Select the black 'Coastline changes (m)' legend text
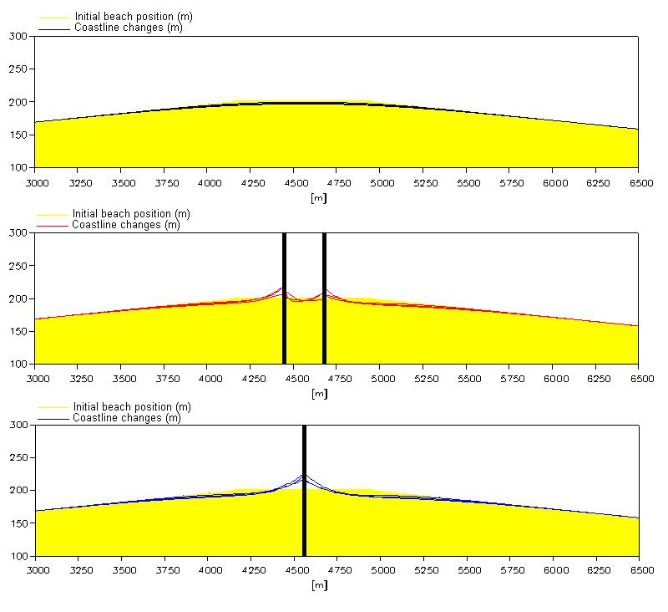click(128, 28)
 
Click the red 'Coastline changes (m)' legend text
click(126, 224)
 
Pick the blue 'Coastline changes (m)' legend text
click(126, 417)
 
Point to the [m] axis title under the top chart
click(317, 197)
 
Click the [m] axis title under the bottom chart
click(317, 585)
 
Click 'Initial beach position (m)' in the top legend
click(134, 17)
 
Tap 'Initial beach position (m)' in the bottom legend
click(132, 407)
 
